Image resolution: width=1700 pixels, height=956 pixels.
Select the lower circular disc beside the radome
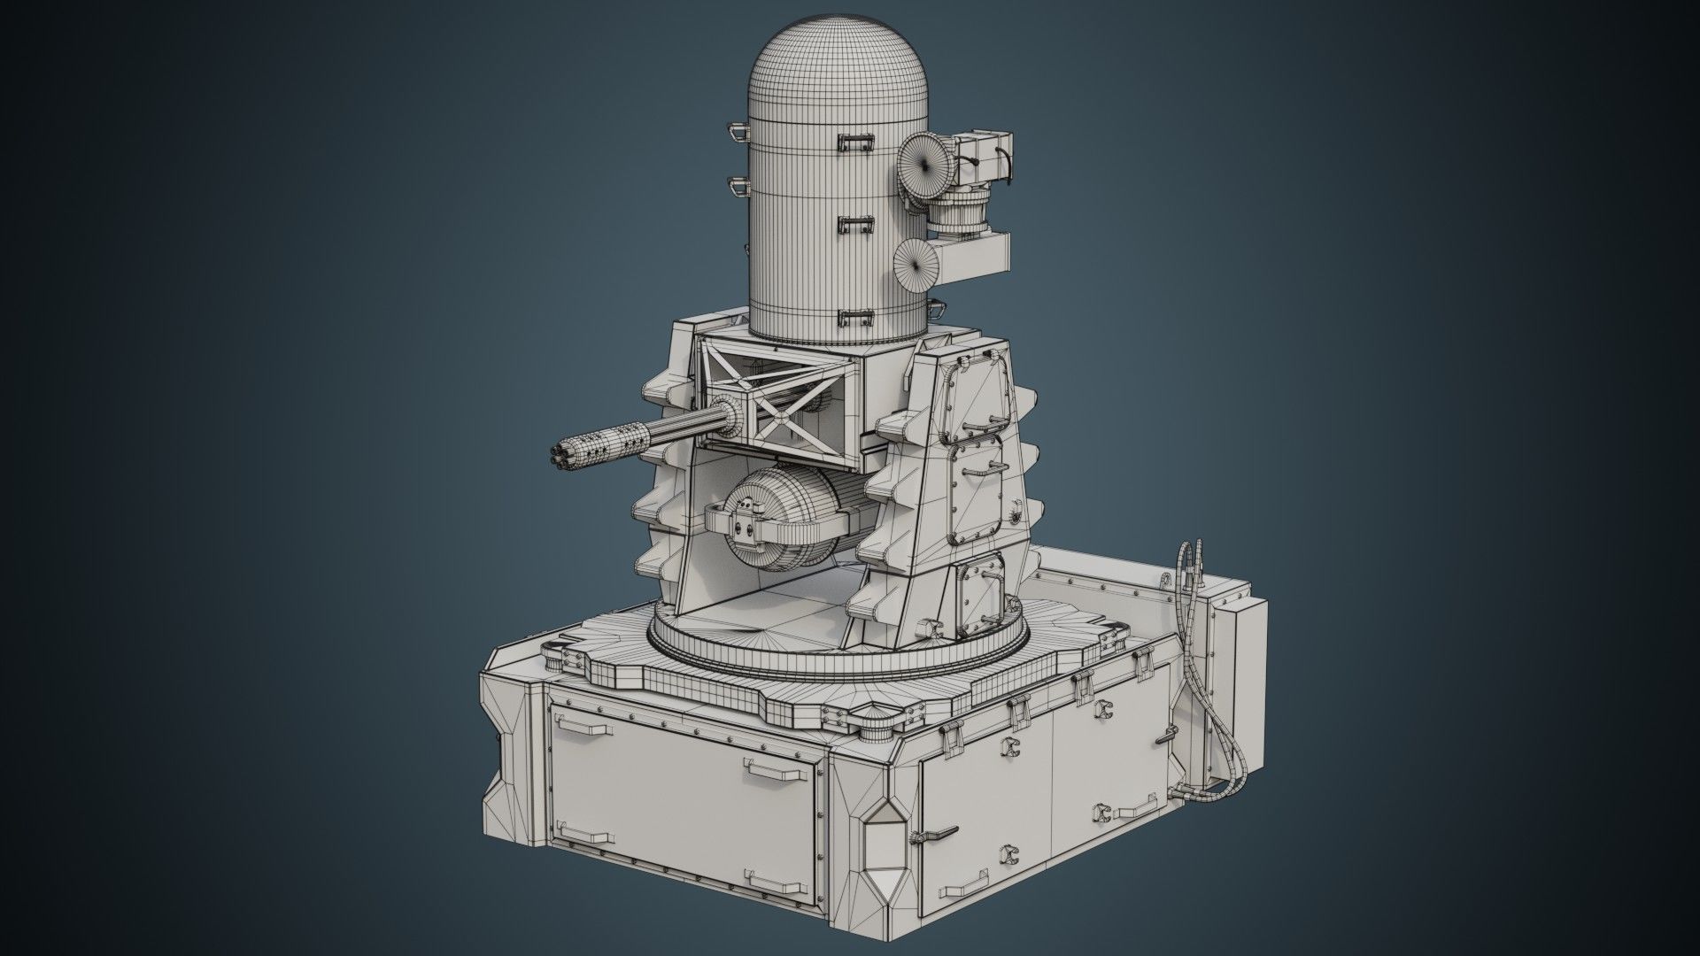click(915, 265)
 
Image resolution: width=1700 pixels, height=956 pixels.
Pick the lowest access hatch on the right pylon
click(979, 588)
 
